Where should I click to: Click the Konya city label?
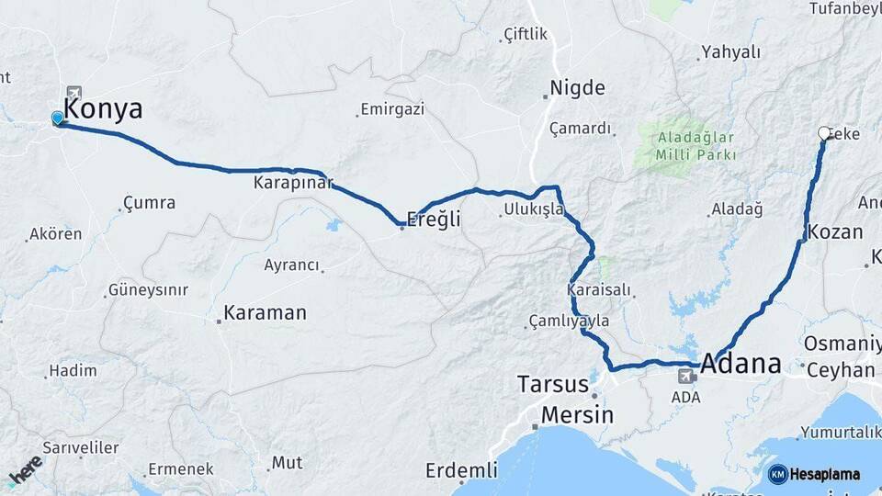[x=104, y=109]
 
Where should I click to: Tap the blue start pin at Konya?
[x=58, y=118]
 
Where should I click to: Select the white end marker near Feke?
[x=824, y=133]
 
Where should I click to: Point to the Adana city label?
[x=741, y=364]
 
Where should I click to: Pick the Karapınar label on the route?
[x=293, y=183]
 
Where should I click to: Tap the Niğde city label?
[x=577, y=88]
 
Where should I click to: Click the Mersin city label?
[x=576, y=414]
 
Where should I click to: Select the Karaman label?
[x=265, y=312]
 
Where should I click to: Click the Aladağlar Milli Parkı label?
[x=696, y=146]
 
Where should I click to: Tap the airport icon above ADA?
[x=686, y=377]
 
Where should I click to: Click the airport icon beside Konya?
[x=73, y=93]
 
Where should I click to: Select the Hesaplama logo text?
[x=824, y=475]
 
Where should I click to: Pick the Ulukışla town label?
[x=533, y=210]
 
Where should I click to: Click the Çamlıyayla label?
[x=569, y=321]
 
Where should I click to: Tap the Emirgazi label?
[x=392, y=109]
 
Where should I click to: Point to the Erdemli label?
[x=461, y=470]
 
